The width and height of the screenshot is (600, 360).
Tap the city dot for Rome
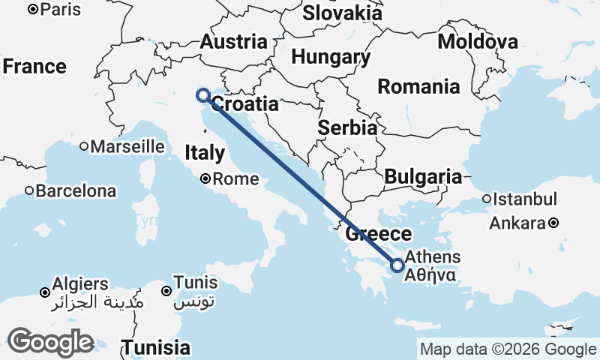tap(206, 179)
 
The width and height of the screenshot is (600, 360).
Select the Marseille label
tap(127, 146)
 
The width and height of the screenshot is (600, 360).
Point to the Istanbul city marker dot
tap(487, 199)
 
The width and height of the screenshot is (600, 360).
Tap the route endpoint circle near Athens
tap(397, 265)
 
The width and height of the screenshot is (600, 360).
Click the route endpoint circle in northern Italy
tap(202, 95)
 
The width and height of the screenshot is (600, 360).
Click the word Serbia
tap(346, 127)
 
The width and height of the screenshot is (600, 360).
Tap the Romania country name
tap(418, 86)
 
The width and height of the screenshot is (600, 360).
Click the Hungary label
tap(331, 57)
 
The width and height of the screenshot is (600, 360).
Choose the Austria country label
tap(233, 42)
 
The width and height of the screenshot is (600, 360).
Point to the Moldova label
tap(478, 41)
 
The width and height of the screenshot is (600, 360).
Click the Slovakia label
tap(343, 13)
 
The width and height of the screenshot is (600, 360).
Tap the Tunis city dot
tap(166, 290)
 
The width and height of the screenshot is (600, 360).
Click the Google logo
tap(51, 342)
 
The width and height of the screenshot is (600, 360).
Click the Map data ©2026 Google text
tap(508, 349)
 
